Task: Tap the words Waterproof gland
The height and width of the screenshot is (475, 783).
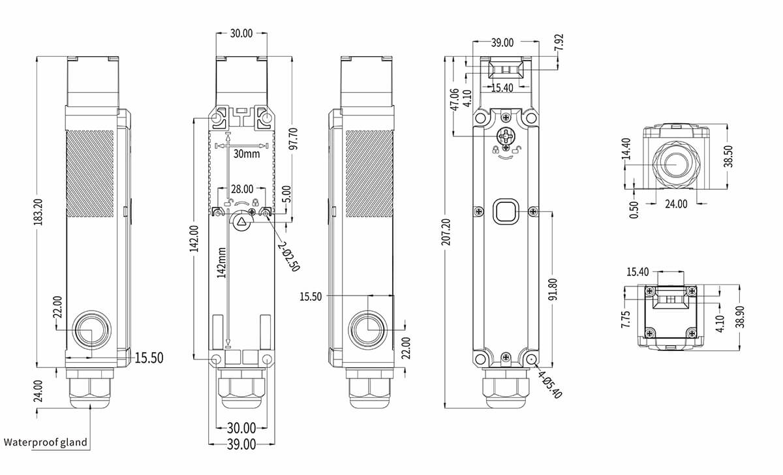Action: click(x=46, y=442)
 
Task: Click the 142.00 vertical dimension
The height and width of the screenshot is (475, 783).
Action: click(x=194, y=239)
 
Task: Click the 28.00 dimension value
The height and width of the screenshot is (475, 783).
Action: click(x=241, y=189)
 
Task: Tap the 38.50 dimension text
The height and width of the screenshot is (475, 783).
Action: click(x=728, y=156)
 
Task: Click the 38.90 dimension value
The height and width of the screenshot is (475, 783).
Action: click(x=739, y=316)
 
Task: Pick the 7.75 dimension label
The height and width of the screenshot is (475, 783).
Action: click(x=626, y=318)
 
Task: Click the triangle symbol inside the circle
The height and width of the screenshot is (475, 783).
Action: click(x=242, y=222)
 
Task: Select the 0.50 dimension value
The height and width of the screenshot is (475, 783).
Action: click(x=634, y=210)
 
